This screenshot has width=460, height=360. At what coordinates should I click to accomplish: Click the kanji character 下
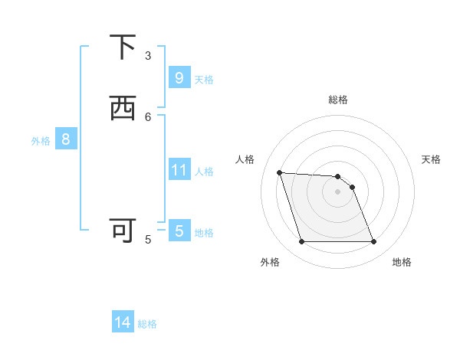pos(123,47)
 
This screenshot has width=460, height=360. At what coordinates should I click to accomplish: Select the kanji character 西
pos(123,109)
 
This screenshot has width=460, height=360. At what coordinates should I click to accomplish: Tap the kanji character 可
pos(123,230)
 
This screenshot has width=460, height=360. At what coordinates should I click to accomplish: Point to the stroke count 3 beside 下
pos(148,55)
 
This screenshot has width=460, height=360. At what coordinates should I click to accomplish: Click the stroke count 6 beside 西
pos(148,116)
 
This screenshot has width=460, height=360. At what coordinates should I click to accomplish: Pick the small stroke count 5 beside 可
pos(148,239)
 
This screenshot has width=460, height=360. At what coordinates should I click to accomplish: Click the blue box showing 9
pos(179,78)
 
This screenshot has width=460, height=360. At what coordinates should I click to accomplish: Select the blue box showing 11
pos(179,170)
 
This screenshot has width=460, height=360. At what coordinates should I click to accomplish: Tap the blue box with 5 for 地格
pos(179,231)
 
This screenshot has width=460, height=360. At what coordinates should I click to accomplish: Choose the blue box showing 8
pos(66,139)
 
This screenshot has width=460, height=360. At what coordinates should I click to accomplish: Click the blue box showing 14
pos(123,323)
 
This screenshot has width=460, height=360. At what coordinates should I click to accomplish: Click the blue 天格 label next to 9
pos(204,79)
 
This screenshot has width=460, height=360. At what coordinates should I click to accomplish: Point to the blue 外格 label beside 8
pos(41,140)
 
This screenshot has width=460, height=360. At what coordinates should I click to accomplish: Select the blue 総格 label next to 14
pos(147,324)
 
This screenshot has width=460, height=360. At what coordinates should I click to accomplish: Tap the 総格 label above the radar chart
pos(337,100)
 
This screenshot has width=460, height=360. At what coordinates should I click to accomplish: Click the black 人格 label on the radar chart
pos(245,159)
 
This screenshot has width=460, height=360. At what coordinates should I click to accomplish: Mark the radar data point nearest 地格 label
pos(373,242)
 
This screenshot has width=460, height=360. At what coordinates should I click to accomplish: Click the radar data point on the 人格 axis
pos(279,172)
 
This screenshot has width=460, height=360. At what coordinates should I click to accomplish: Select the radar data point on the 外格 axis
pos(301,242)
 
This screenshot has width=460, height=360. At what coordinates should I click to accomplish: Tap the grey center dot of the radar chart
pos(337,191)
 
